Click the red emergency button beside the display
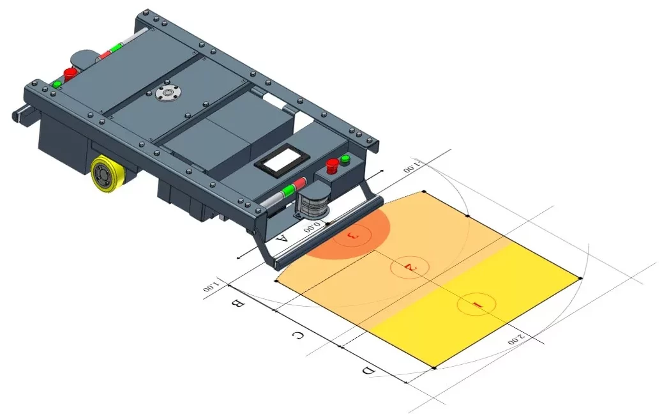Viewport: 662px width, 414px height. (x=332, y=166)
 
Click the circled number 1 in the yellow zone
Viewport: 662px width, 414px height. (x=476, y=305)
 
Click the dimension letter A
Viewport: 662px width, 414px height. (x=282, y=240)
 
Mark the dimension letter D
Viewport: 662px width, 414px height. (x=368, y=371)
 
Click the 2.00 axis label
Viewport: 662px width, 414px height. (x=516, y=339)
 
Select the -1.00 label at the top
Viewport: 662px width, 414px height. (x=412, y=167)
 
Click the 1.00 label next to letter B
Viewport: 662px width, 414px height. (x=211, y=285)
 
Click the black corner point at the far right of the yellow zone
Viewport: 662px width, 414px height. (x=580, y=278)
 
